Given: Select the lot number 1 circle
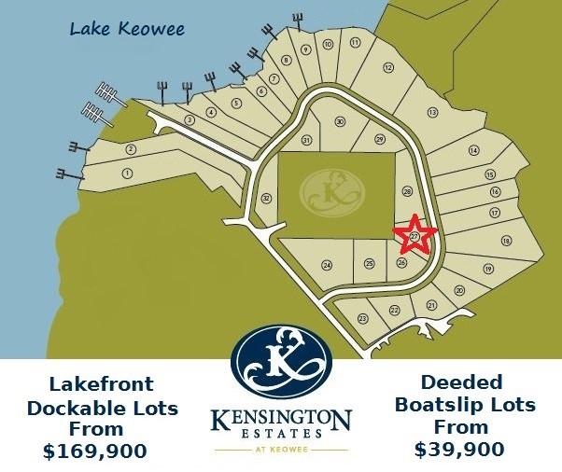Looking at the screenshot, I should [127, 173].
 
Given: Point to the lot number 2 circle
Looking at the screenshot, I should [131, 149].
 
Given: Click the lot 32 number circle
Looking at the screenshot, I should [266, 198].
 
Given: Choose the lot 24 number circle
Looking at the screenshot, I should [327, 265].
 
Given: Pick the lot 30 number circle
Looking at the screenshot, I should [340, 122].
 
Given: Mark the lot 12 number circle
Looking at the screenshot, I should [387, 67].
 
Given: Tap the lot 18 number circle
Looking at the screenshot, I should [506, 241].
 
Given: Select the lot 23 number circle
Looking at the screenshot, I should [362, 319].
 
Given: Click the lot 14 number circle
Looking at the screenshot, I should [473, 150].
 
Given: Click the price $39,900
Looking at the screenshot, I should [459, 449].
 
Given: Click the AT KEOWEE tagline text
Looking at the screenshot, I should [281, 448].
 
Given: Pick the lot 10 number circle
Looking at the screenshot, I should [328, 44].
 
